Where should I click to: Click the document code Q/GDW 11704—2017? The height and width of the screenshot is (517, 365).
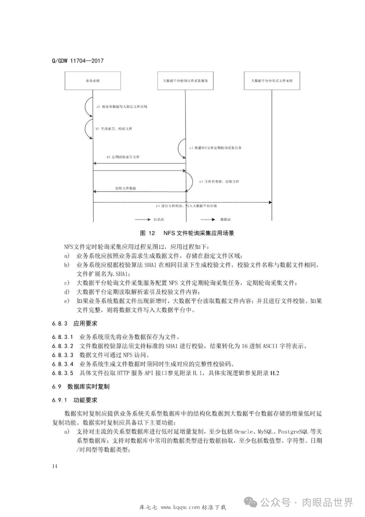[77, 61]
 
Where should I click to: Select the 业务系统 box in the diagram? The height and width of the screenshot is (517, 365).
[93, 81]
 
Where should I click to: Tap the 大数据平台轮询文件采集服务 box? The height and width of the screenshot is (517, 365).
[185, 81]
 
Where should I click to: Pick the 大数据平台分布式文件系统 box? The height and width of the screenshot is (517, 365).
[272, 81]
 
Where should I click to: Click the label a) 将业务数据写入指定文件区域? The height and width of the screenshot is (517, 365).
[122, 107]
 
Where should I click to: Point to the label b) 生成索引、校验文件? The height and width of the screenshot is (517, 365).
[114, 129]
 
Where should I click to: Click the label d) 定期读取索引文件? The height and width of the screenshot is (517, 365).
[123, 157]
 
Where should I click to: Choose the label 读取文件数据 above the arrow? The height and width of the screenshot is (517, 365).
[125, 188]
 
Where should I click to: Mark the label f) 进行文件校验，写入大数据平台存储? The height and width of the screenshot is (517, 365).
[186, 206]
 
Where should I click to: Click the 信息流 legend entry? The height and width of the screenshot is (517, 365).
[159, 220]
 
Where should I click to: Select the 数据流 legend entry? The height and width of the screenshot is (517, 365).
[225, 220]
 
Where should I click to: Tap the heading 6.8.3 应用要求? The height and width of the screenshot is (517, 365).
[75, 323]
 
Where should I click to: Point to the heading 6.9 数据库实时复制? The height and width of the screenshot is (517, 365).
[81, 387]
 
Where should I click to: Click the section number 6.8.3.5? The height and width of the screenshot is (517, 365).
[63, 373]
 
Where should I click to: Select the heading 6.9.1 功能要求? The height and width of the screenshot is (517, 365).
[75, 400]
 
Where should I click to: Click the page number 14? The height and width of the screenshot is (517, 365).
[55, 466]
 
